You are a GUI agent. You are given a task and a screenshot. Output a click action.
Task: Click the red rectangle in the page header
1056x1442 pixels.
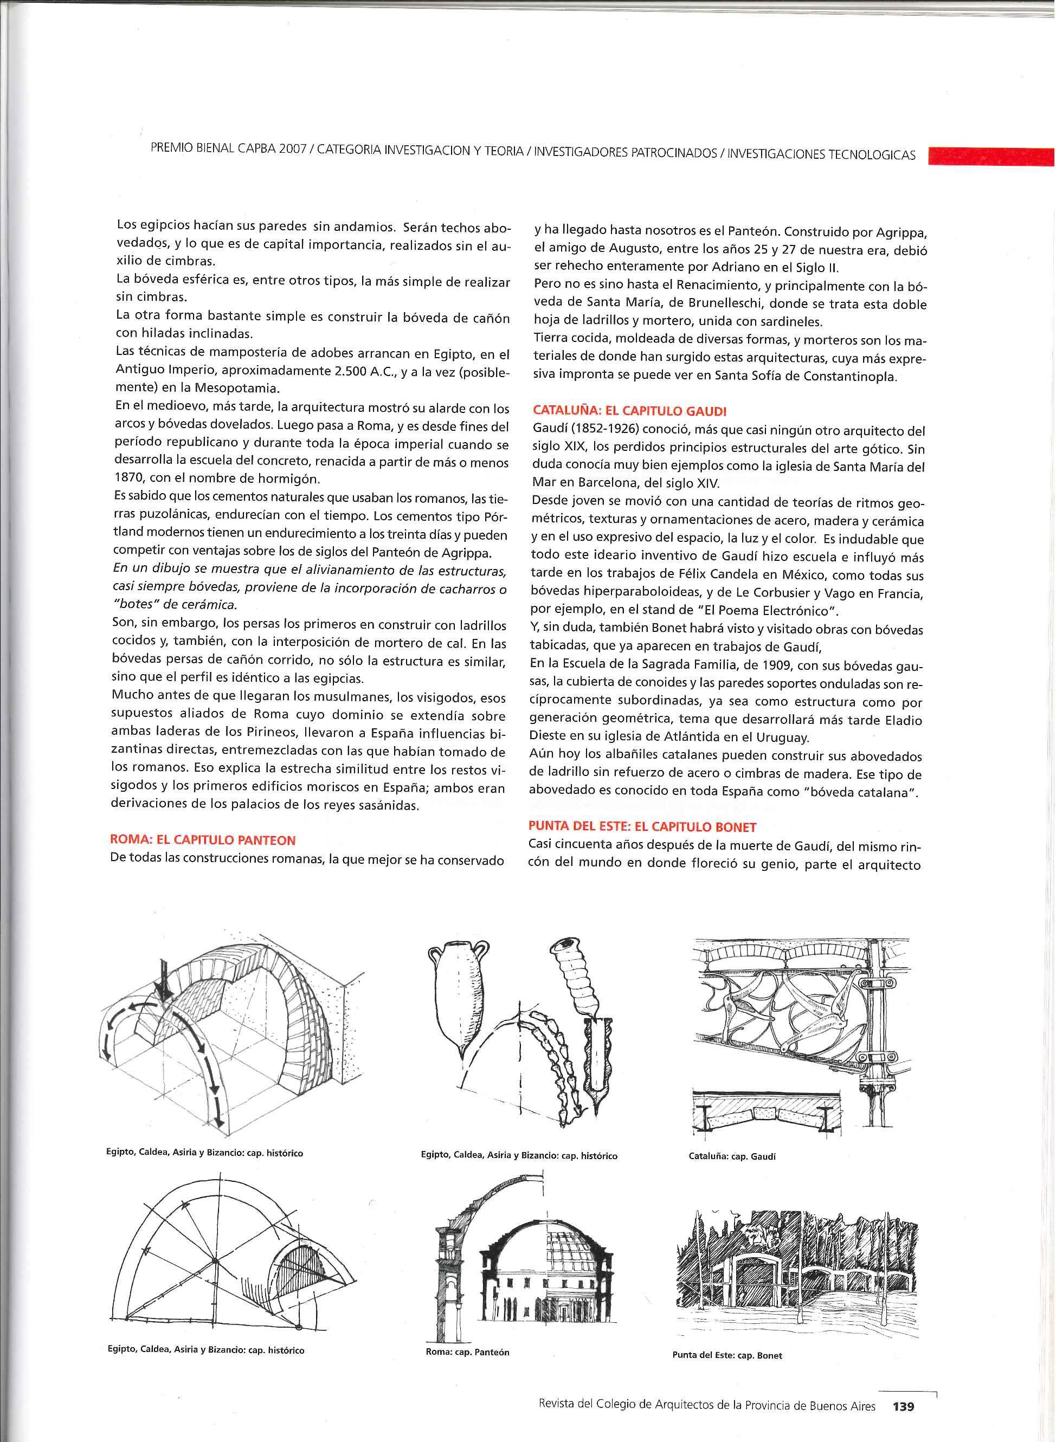(x=990, y=156)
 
